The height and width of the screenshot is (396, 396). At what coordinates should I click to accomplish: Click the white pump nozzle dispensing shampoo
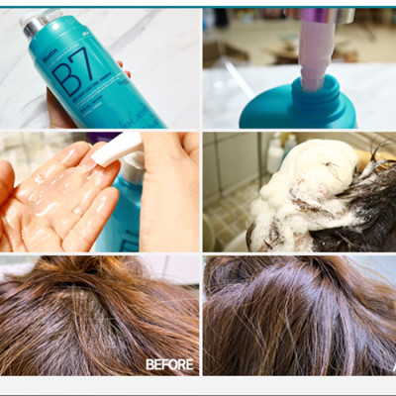[117, 148]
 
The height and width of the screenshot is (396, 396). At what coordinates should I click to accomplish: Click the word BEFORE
[169, 363]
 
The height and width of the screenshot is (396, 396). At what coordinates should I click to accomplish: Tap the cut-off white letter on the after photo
[392, 364]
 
